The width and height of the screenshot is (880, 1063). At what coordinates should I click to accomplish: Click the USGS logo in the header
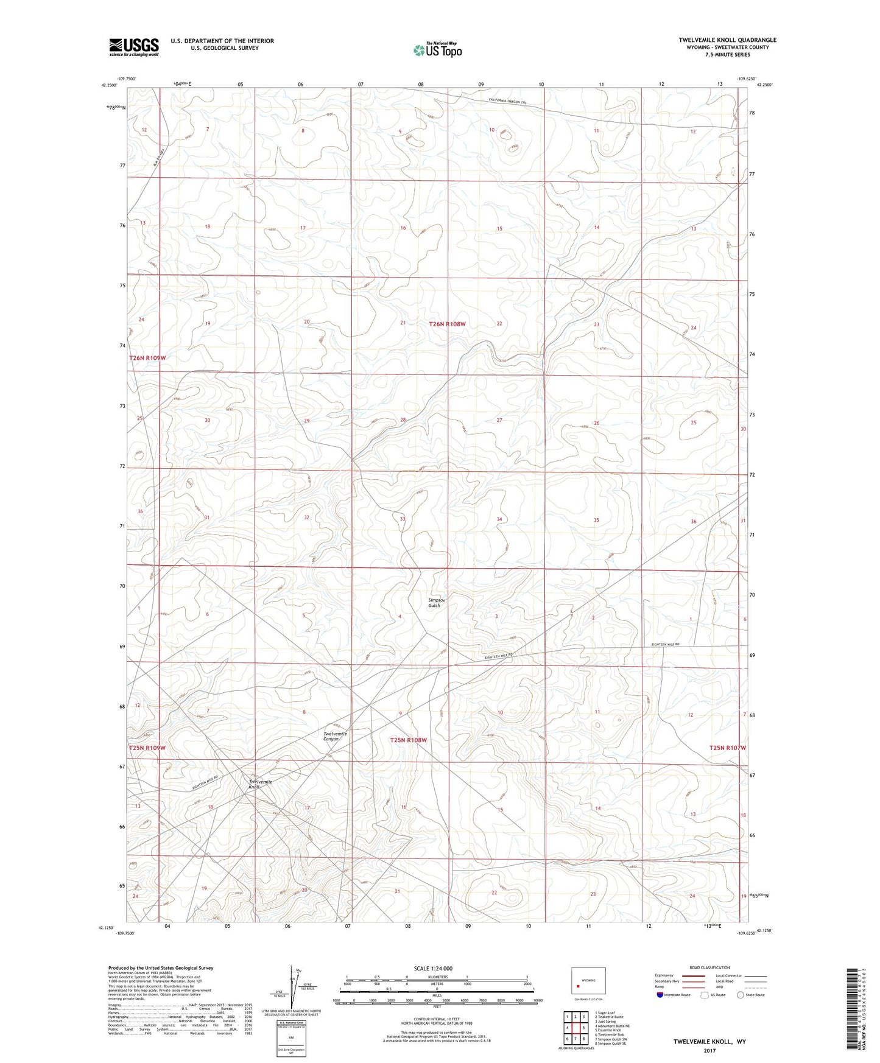[134, 47]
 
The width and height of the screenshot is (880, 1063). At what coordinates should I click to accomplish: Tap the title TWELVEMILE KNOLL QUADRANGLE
[727, 40]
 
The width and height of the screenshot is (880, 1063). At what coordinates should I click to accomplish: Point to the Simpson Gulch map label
[437, 603]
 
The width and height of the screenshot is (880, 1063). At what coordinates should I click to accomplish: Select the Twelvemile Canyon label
[335, 737]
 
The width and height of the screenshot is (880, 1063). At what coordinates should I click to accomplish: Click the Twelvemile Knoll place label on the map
[260, 784]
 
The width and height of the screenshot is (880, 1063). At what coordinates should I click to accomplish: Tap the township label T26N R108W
[447, 325]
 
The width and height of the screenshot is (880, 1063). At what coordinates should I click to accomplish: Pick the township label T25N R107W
[727, 748]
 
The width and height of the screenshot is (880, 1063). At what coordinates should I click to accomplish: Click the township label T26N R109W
[147, 358]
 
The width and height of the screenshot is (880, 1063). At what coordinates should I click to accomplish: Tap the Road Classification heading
[710, 967]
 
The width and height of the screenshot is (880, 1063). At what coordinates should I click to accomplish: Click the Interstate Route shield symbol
[660, 995]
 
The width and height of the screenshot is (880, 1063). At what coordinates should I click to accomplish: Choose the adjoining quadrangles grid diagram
[576, 1024]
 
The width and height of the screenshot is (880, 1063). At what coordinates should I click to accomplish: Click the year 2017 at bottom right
[709, 1050]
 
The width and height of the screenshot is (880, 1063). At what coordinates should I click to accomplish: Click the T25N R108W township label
[408, 740]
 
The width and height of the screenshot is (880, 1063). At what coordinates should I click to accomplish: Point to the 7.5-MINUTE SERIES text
[727, 55]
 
